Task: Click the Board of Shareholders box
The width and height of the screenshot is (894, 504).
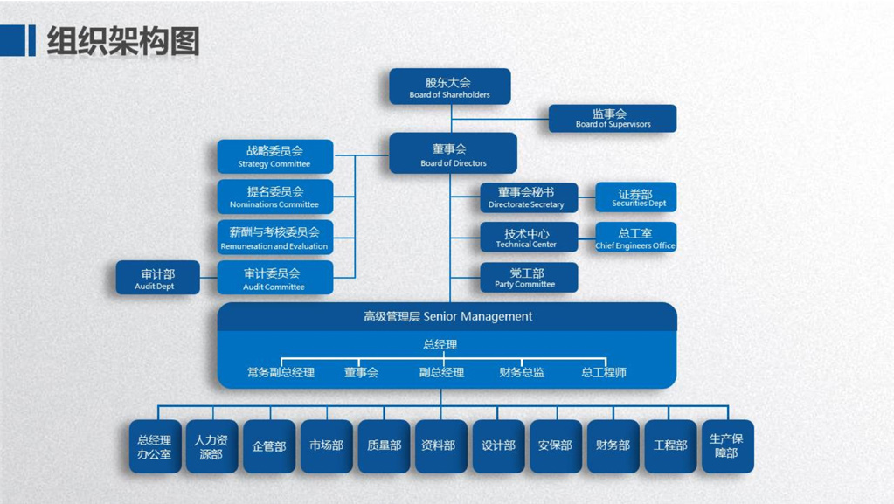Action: point(449,86)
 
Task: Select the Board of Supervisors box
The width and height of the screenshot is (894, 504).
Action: point(612,118)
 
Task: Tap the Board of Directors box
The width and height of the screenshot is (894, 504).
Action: point(453,154)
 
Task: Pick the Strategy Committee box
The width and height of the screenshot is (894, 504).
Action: point(274,155)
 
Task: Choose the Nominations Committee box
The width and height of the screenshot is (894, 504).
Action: point(274,197)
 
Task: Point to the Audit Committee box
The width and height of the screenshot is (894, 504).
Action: point(274,279)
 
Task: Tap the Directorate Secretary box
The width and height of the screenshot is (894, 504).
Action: point(528,197)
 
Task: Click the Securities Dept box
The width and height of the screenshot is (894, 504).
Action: point(635,197)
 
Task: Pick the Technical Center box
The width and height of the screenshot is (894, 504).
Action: point(528,238)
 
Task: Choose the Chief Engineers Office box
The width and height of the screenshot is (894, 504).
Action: point(635,238)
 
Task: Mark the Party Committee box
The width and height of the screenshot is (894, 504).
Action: point(528,278)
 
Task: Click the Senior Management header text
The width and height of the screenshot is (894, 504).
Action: point(447,316)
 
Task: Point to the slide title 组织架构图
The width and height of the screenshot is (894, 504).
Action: point(122,41)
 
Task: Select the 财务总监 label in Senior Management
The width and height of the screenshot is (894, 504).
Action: point(522,373)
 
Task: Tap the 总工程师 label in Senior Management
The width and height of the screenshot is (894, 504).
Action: point(604,373)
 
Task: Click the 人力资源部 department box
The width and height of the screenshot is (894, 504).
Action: point(211,446)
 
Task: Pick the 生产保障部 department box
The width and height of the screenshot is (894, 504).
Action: point(727,445)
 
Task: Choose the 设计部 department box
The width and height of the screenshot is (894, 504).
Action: point(498,445)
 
